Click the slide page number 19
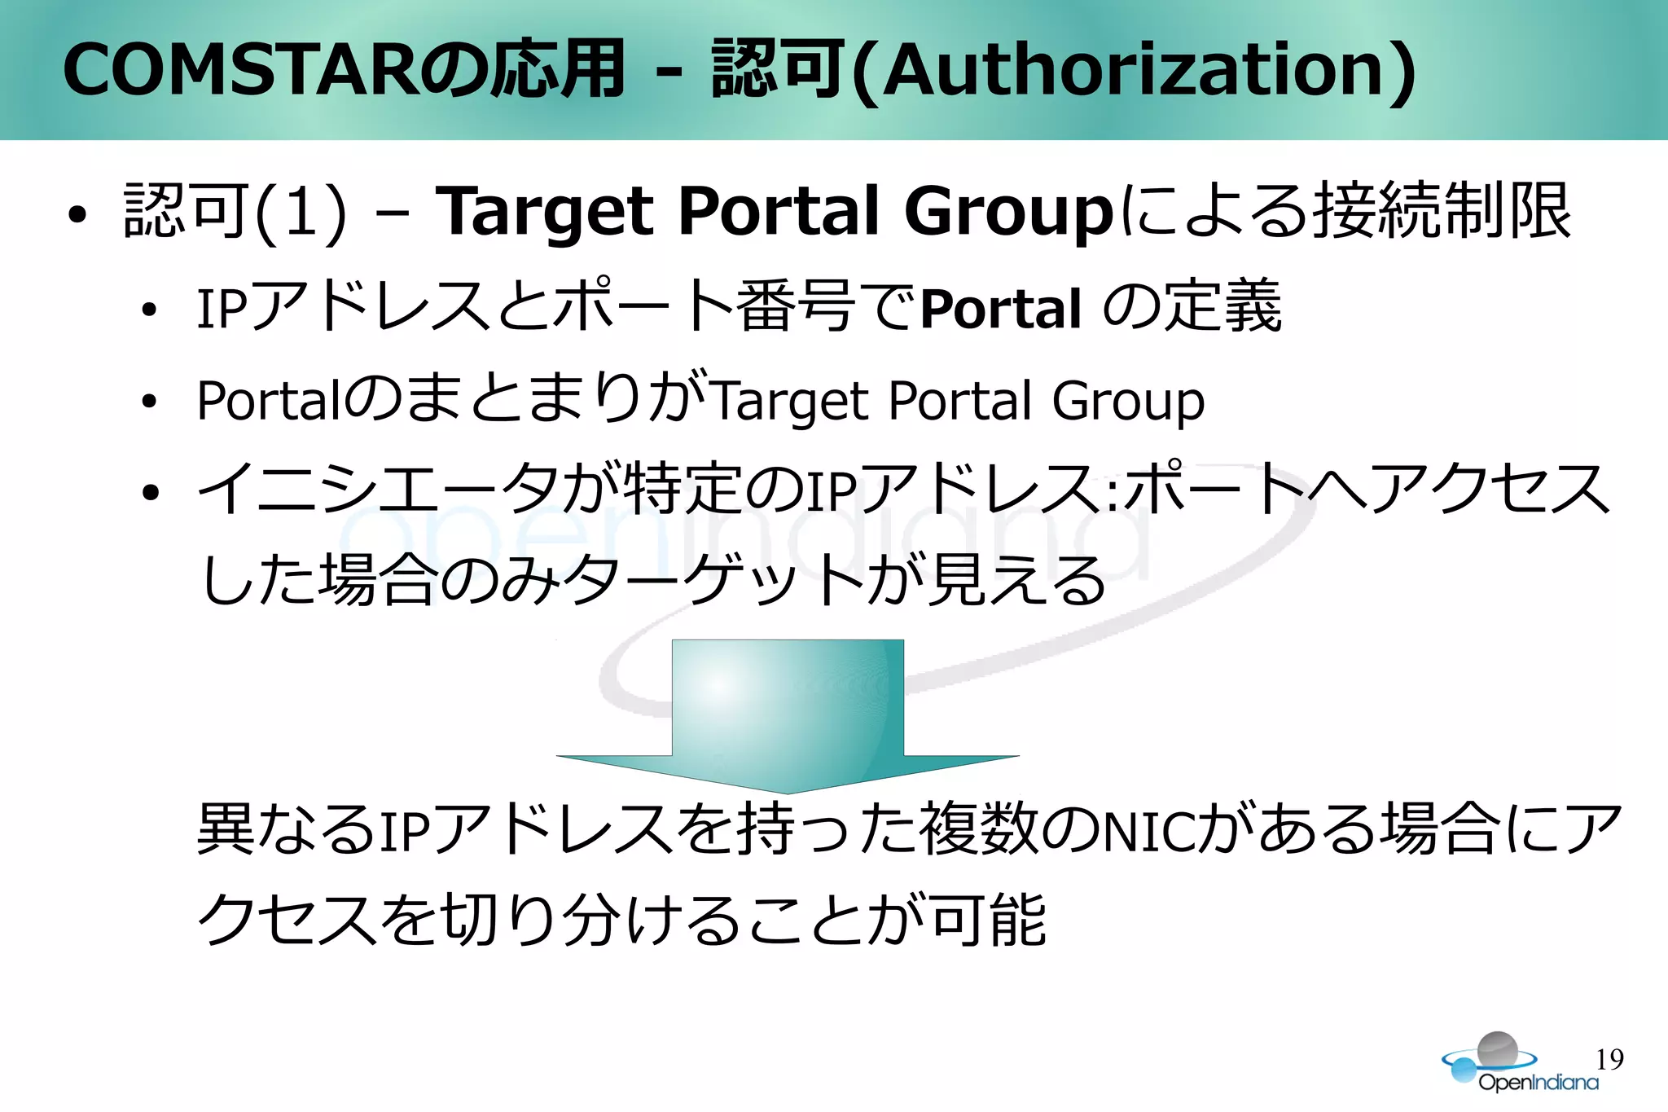pos(1609,1059)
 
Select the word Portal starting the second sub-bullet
pos(269,401)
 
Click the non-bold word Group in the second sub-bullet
pos(1128,401)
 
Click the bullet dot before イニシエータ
pos(149,493)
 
